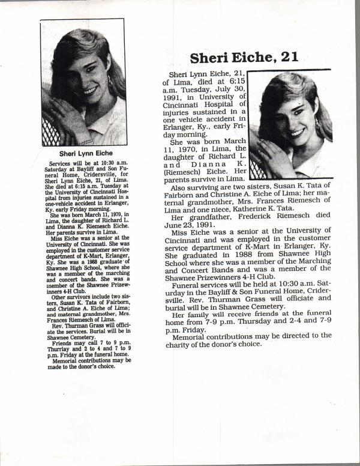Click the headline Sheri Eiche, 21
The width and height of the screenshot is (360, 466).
244,58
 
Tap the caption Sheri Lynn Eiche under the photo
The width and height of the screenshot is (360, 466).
84,153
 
